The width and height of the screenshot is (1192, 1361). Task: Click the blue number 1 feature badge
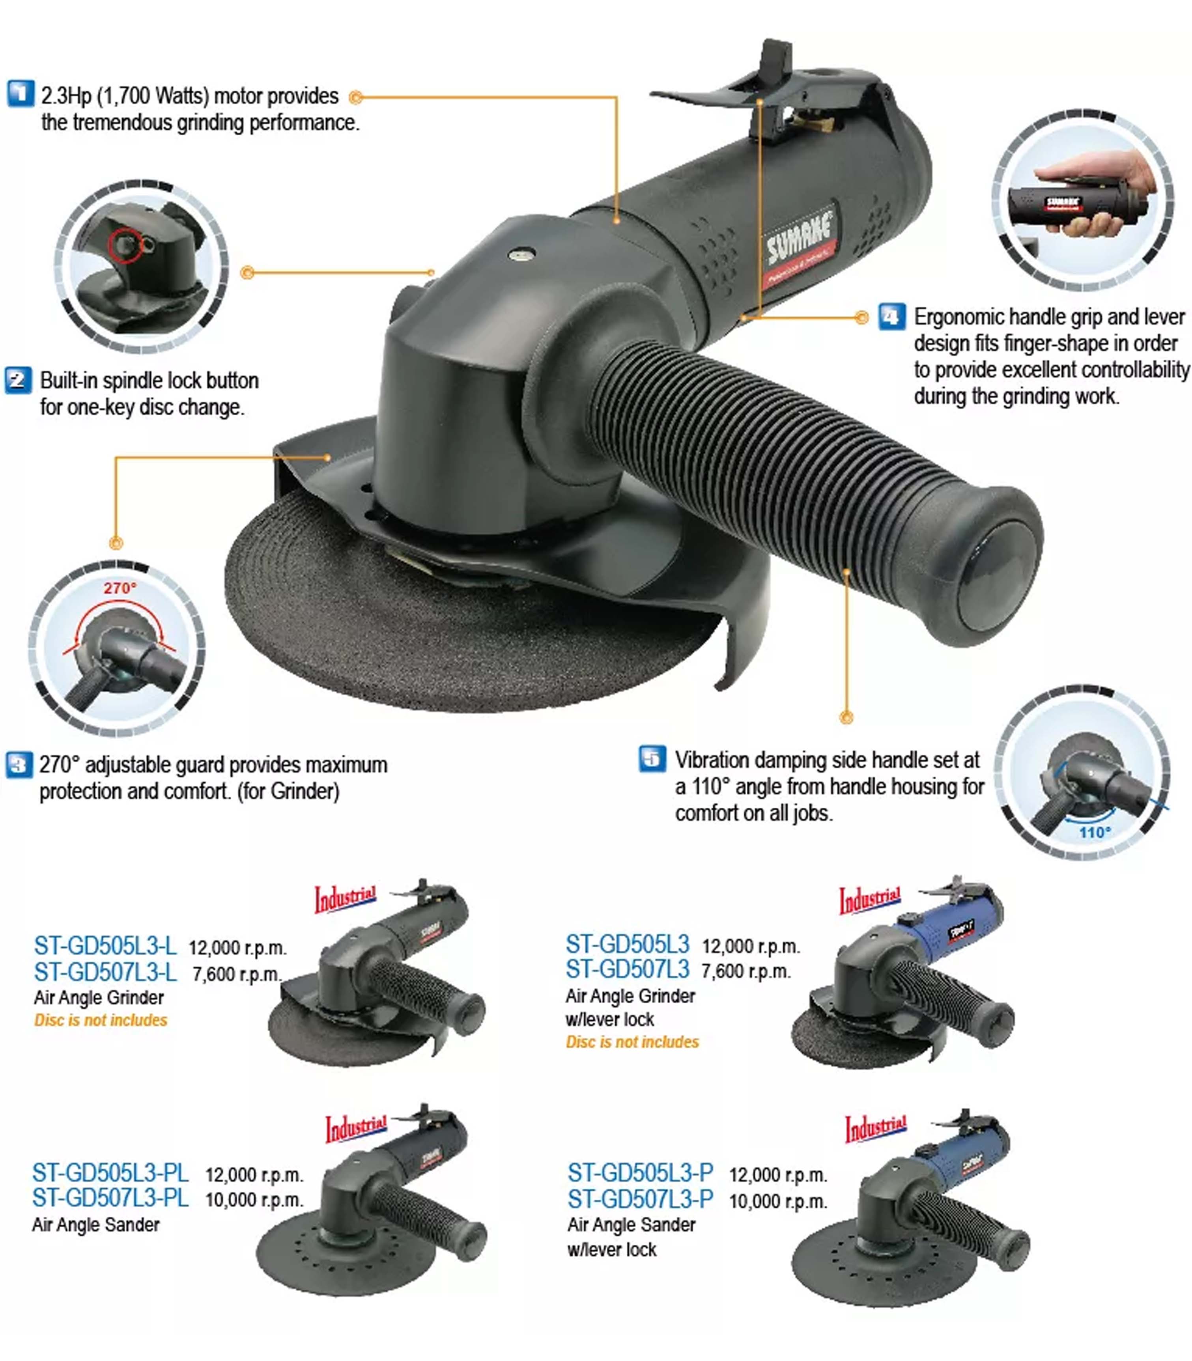21,93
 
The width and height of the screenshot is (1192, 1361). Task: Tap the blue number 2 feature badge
18,381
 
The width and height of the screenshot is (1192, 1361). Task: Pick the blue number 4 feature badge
892,317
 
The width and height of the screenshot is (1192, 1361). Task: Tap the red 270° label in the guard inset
120,588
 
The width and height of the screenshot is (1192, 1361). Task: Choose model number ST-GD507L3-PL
110,1198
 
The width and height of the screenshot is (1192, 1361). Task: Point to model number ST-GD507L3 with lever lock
627,969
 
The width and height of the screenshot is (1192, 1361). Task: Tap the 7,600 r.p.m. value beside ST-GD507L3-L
237,974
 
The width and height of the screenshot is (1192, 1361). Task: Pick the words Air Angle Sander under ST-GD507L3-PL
96,1225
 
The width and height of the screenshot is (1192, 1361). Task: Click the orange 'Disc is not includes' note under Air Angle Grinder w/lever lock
632,1042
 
